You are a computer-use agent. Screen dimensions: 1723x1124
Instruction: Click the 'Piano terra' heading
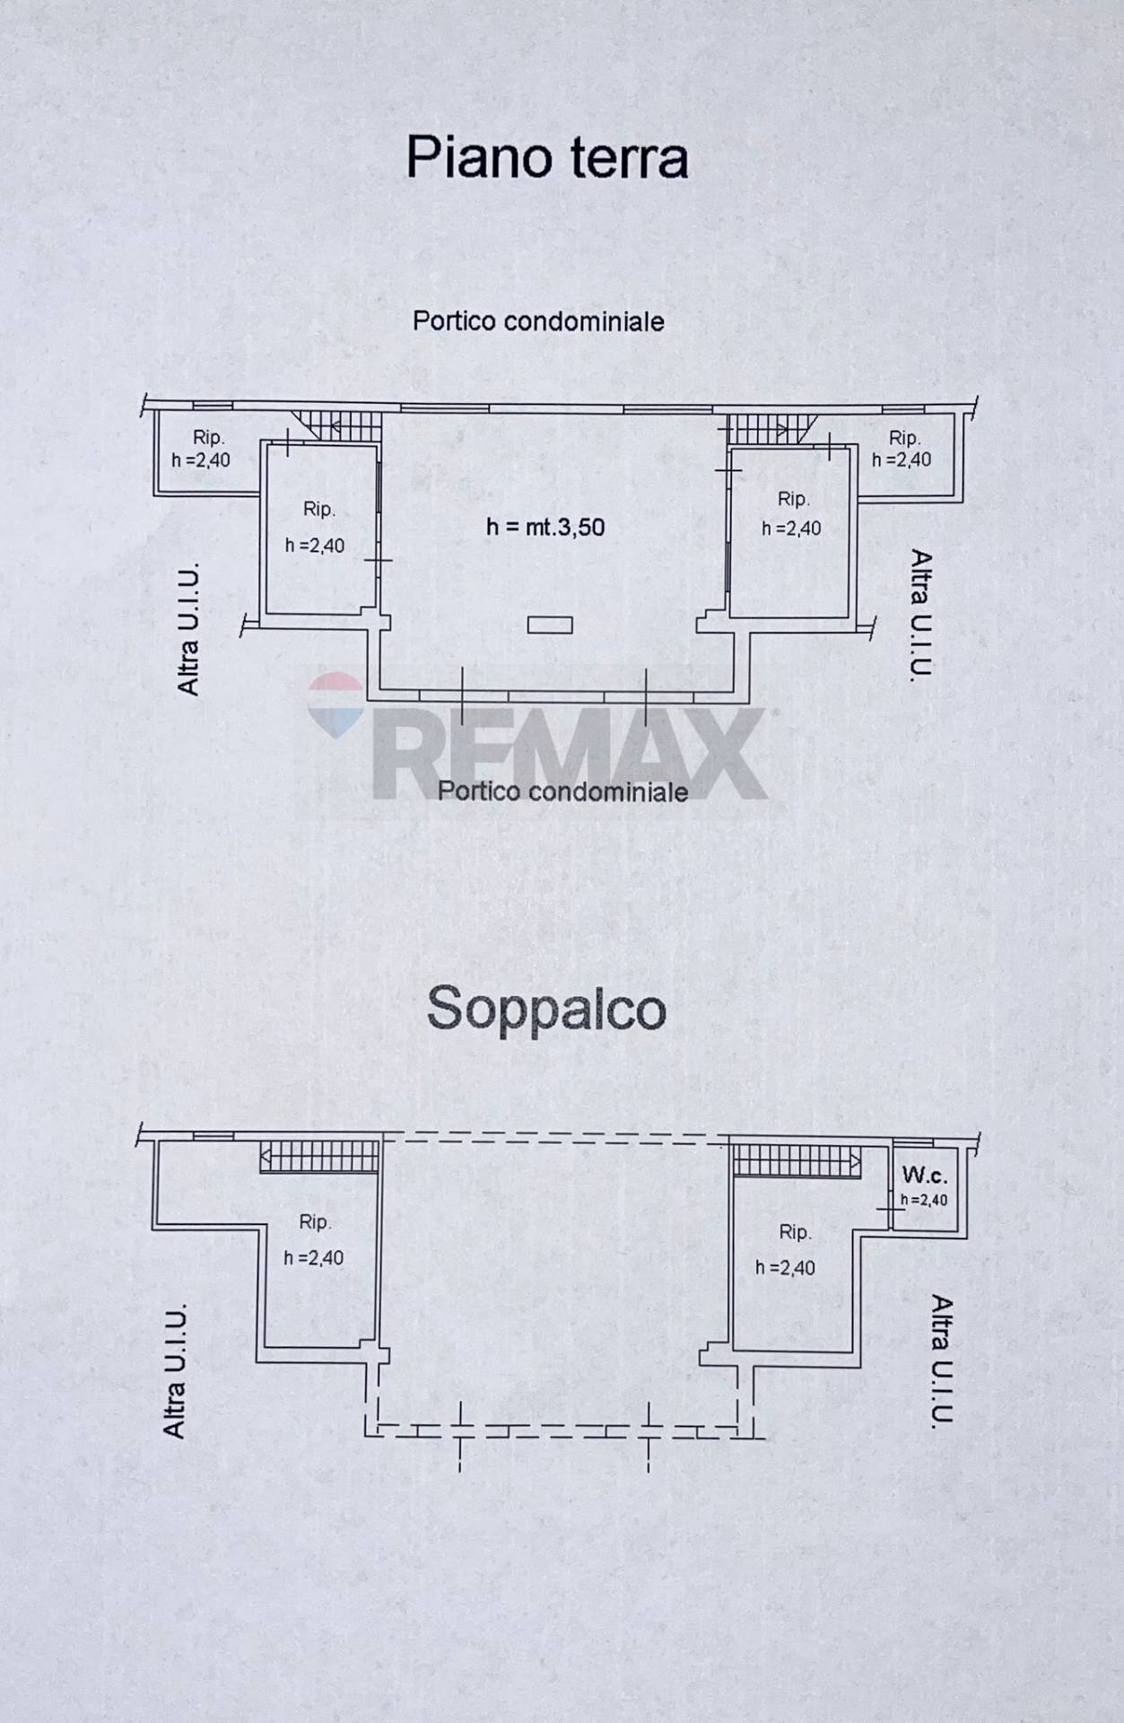546,158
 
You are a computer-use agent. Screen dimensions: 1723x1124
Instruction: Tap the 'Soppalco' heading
545,1009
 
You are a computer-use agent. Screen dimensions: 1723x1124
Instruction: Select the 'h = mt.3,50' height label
545,527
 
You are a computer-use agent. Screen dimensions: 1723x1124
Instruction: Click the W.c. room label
923,1175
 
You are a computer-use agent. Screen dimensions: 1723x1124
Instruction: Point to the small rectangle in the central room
550,625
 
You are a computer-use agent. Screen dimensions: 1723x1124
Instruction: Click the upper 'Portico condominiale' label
538,321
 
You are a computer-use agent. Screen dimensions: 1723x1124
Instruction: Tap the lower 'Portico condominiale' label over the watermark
562,792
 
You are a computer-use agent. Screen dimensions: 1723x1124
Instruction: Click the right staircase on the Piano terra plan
762,428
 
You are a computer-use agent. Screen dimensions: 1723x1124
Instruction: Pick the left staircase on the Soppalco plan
319,1156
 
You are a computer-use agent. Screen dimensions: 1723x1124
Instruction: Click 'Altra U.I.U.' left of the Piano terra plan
188,629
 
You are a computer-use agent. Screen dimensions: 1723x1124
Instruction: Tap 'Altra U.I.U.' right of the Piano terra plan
921,614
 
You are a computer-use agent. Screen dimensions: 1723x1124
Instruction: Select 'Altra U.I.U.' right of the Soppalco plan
940,1360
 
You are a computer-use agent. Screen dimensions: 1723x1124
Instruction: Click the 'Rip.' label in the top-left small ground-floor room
208,438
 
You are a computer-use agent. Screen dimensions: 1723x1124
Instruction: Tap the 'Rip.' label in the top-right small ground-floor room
904,438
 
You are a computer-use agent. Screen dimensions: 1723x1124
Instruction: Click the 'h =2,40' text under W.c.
923,1200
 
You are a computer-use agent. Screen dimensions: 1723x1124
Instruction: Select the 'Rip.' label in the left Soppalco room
315,1222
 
